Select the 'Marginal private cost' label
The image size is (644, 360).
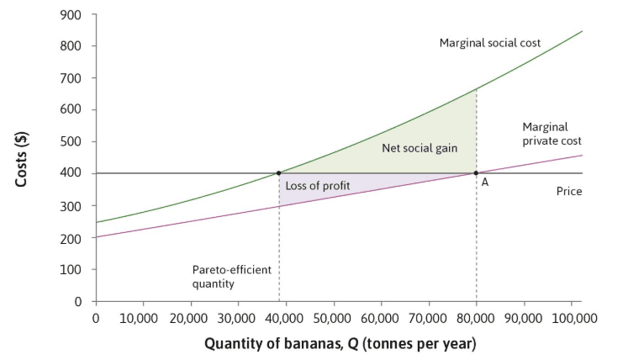(552, 134)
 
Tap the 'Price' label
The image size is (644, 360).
(568, 192)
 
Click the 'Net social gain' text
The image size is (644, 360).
(420, 148)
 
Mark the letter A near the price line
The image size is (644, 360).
(485, 184)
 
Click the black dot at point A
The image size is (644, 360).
(476, 173)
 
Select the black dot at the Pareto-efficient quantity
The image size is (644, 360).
(279, 173)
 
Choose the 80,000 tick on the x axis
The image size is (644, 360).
(476, 318)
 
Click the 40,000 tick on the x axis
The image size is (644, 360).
(287, 318)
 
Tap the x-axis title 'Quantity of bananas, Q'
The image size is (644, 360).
(339, 343)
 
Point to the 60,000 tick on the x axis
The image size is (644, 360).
(382, 318)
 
